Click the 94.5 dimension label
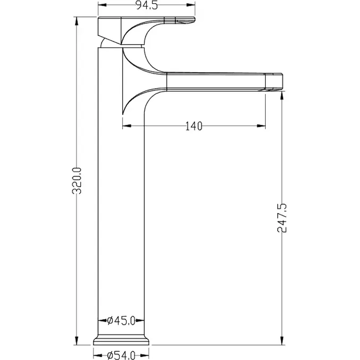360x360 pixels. [147, 5]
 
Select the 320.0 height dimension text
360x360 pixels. [77, 181]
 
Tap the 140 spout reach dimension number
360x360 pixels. [194, 126]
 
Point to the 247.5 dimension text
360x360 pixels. [282, 218]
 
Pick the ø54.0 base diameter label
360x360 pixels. [121, 355]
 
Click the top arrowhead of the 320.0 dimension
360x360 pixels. [77, 22]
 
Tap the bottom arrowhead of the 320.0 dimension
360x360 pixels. [77, 340]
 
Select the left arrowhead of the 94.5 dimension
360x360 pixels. [103, 5]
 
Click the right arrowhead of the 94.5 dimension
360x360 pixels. [190, 5]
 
